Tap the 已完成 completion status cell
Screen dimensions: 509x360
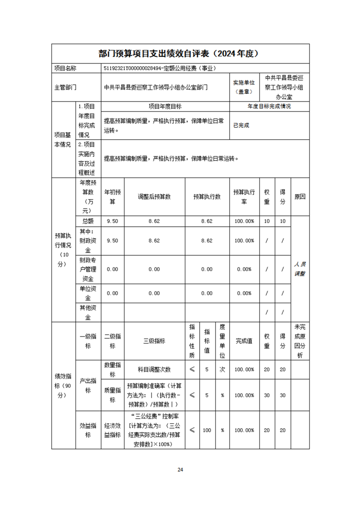pos(241,125)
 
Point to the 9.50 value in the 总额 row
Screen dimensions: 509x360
pos(112,221)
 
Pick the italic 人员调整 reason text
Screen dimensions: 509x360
pos(300,269)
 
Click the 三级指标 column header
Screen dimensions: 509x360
pos(154,341)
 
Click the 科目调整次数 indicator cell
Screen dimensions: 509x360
pos(154,369)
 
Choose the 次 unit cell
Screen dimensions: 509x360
pos(222,369)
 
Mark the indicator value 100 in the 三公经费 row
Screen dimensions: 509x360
pos(207,430)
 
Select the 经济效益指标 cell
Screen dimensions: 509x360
pos(112,430)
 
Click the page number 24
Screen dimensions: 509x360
pos(180,470)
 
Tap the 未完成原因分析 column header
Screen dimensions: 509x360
pos(300,341)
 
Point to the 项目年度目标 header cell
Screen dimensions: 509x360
pos(165,106)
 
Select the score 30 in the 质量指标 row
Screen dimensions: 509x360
pos(282,395)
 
